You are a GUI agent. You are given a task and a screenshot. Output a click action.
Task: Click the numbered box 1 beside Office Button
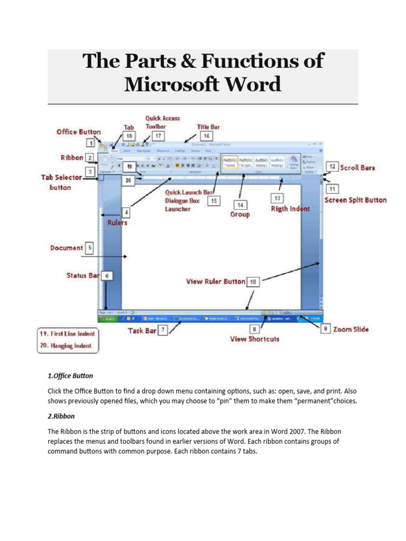pos(90,143)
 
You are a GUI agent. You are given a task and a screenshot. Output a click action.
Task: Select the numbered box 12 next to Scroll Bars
pos(331,166)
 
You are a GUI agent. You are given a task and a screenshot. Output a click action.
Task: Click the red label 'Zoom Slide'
pos(351,329)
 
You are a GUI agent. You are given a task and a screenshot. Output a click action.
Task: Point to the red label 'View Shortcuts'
pos(255,339)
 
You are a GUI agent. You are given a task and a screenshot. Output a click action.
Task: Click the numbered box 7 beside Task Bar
pos(163,330)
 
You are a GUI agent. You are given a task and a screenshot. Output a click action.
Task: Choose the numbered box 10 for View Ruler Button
pos(254,282)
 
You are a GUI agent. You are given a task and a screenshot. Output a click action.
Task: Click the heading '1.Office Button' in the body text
pos(70,376)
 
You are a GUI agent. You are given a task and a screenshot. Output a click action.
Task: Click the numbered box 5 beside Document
pos(90,247)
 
